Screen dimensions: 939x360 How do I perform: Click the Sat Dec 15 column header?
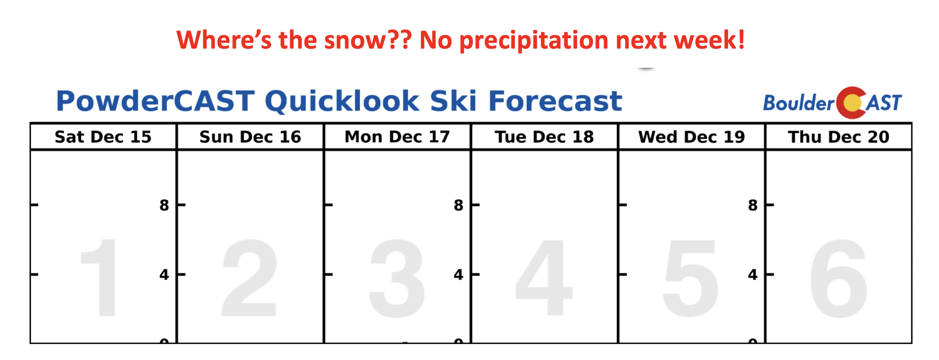pos(103,137)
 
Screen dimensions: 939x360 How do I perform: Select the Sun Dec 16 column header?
pos(250,137)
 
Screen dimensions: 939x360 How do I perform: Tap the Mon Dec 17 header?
pos(397,137)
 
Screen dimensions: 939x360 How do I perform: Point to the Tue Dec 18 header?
pos(544,137)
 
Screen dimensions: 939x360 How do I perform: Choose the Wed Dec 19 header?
pos(692,137)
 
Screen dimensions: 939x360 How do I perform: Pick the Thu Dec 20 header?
pos(839,137)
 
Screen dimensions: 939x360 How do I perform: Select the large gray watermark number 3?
pos(397,278)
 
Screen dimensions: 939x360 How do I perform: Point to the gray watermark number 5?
pos(690,278)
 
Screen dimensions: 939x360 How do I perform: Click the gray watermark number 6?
pos(838,278)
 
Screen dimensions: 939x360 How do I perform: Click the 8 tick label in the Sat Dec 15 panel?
pos(164,205)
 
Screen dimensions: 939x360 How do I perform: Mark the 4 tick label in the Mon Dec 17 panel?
pos(458,275)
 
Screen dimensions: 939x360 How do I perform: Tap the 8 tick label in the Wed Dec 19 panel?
pos(753,205)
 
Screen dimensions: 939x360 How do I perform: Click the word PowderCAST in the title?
pos(155,101)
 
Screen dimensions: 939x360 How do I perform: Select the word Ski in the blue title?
pos(453,101)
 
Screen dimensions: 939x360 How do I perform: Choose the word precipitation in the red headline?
pos(534,40)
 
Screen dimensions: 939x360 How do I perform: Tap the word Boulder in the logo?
pos(798,103)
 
